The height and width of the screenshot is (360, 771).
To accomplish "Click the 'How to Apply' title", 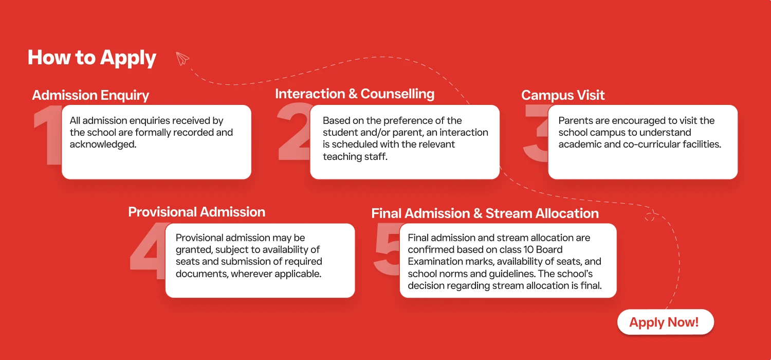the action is coord(92,58).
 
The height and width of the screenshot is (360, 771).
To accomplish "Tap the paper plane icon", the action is coord(182,58).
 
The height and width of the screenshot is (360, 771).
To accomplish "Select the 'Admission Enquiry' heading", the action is coord(90,96).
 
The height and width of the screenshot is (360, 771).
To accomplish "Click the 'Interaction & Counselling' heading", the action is coord(355,94).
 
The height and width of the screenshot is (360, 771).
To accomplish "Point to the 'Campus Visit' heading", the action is coord(563,96).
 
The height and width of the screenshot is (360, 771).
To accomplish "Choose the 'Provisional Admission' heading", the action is coord(196,212).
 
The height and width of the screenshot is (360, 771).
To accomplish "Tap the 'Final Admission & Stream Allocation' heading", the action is coord(485,213).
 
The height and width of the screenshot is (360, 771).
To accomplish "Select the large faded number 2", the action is coord(293,131).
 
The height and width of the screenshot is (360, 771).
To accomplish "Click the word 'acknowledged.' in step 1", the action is coord(103,145).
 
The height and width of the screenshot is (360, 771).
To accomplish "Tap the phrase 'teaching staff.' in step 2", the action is coord(355,156).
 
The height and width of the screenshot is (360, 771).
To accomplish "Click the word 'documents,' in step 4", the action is coord(202,274).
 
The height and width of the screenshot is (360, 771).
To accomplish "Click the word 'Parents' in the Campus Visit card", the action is coord(575,120).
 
